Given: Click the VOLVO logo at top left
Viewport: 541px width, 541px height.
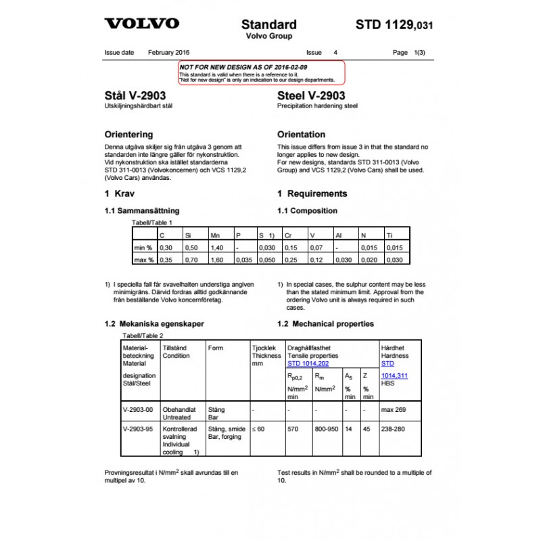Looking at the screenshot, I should coord(141,24).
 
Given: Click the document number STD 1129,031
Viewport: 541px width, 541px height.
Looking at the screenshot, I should coord(394,25).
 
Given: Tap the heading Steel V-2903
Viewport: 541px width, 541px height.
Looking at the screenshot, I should coord(311,96).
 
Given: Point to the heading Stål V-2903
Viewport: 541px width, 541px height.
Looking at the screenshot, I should coord(135,96).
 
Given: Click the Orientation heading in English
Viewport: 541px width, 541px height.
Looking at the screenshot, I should coord(301,135).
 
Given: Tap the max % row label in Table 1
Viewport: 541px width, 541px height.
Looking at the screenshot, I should coord(143,260).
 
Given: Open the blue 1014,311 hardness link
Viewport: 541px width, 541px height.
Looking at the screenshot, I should coord(394,375).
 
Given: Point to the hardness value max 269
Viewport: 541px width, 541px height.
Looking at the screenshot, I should coord(394,410).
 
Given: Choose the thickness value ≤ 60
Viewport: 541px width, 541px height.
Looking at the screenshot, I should coord(258,429).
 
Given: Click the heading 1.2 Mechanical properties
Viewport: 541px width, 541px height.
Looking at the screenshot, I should coord(325,324).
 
